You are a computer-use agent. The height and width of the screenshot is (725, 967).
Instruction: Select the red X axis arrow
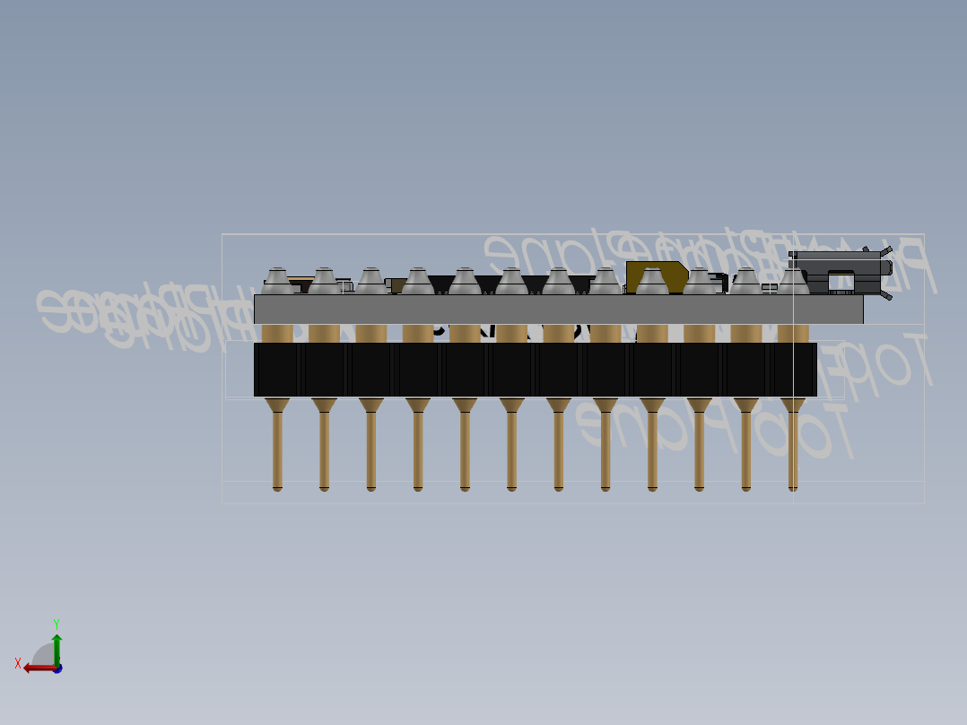pos(37,668)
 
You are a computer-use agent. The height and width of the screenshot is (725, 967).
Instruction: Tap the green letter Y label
pos(56,624)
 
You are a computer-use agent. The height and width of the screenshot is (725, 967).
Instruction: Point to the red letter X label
pos(18,664)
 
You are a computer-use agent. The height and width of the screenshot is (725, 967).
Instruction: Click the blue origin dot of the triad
pos(57,668)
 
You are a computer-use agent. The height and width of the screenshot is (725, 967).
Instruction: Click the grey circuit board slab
pos(556,310)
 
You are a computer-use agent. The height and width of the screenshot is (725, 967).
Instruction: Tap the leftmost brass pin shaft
pos(277,449)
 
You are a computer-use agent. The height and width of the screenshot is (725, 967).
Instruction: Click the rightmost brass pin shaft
pos(793,449)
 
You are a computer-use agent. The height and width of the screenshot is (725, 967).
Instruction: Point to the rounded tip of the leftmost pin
pos(277,488)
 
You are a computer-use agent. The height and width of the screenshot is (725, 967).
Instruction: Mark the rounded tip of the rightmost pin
pos(793,488)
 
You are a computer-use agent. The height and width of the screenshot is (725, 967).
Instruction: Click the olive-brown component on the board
pos(656,275)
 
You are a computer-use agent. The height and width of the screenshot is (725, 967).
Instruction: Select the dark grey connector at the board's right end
pos(839,272)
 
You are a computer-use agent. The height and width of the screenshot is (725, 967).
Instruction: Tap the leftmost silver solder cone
pos(277,282)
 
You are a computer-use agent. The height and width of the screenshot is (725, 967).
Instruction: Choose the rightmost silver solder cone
pos(793,282)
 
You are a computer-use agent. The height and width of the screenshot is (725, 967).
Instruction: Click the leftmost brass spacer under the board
pos(277,334)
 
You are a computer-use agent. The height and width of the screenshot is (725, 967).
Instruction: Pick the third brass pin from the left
pos(371,449)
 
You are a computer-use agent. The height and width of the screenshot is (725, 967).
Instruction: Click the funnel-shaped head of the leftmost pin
pos(277,406)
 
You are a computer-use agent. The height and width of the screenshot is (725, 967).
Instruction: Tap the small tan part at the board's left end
pos(301,280)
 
